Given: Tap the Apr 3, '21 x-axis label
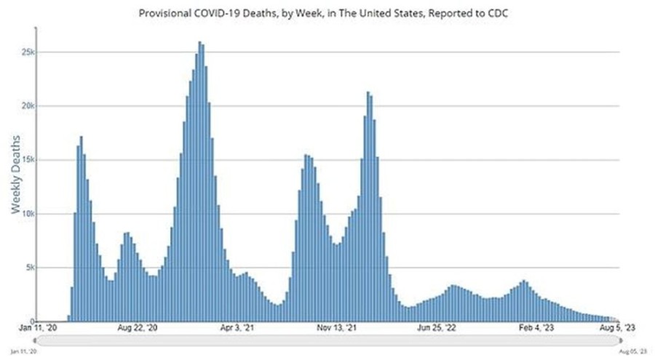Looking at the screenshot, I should (x=237, y=328).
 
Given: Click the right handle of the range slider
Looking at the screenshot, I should (x=619, y=340).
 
